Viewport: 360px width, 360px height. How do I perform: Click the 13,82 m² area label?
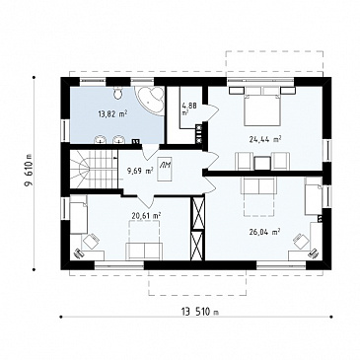[112, 114]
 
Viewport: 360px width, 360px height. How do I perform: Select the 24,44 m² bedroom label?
[265, 139]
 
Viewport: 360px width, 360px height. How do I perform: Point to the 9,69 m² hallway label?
[140, 171]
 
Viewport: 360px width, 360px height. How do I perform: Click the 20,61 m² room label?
[146, 216]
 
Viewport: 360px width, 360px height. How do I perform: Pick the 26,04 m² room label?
[264, 232]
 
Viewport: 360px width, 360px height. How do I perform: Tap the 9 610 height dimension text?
[29, 173]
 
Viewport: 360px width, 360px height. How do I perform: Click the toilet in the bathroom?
[117, 93]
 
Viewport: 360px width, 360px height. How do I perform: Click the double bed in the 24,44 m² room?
[262, 106]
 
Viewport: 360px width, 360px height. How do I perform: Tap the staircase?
[94, 170]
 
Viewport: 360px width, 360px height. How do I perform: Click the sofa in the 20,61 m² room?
[144, 252]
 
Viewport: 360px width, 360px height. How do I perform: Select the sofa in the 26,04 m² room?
[258, 186]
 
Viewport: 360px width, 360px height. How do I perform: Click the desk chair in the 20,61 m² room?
[91, 242]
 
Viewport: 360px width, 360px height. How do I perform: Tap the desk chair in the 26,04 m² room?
[302, 242]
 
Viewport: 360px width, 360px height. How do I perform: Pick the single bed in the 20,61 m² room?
[79, 214]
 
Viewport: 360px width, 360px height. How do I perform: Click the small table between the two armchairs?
[262, 163]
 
